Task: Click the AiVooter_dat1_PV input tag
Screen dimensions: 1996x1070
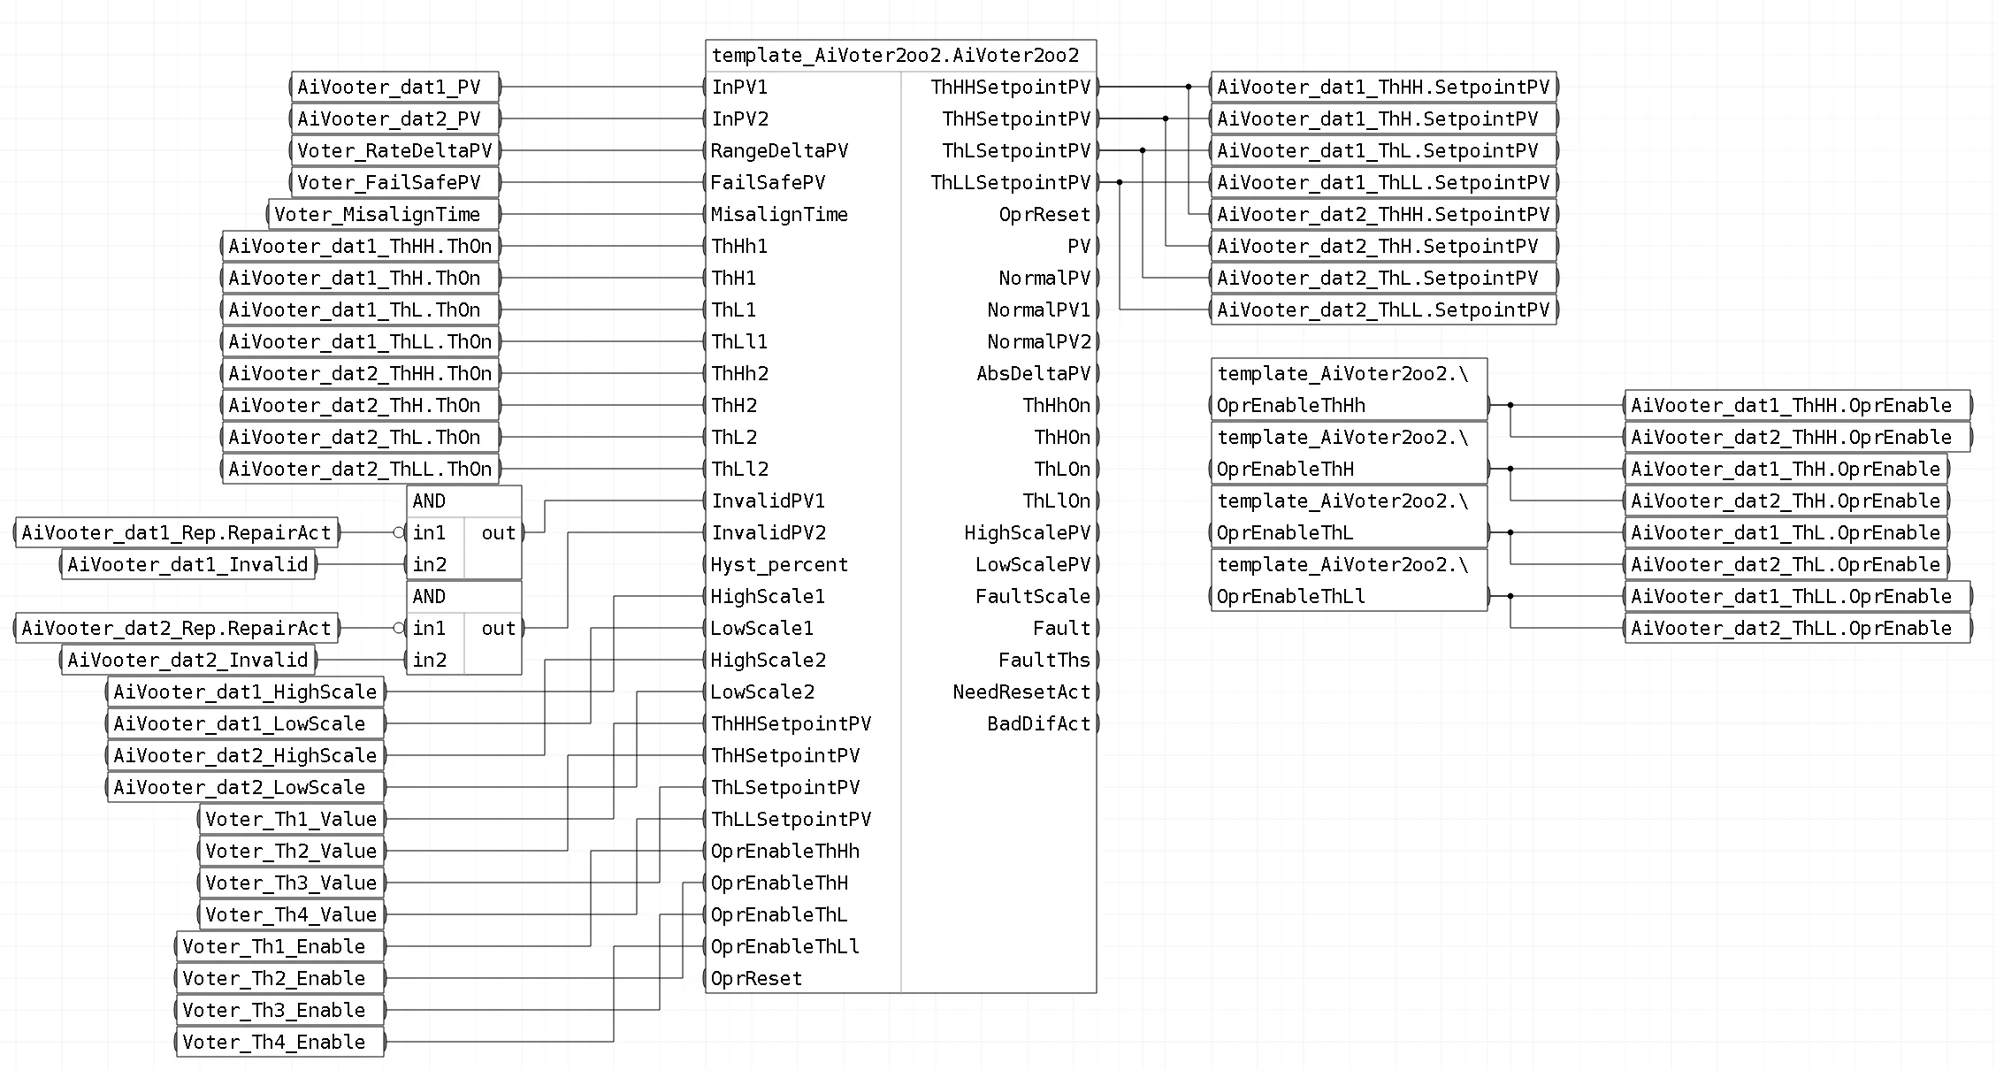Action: click(395, 87)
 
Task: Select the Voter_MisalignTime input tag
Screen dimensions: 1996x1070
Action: click(384, 214)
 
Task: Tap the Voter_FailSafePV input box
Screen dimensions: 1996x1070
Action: click(395, 182)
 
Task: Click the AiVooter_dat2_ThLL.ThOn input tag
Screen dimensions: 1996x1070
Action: click(361, 469)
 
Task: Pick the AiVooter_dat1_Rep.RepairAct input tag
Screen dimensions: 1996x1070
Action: click(177, 532)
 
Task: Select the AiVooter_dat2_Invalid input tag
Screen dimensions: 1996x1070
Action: click(188, 660)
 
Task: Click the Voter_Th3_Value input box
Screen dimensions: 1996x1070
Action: click(292, 883)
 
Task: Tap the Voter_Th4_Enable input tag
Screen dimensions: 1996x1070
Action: click(280, 1042)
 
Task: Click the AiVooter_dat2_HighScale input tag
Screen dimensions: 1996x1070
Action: click(246, 755)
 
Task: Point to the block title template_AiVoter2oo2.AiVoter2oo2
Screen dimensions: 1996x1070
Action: click(895, 56)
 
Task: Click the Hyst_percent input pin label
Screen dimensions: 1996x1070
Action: click(779, 564)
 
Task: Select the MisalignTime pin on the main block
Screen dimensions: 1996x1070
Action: click(779, 214)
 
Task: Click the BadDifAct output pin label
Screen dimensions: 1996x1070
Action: click(1039, 723)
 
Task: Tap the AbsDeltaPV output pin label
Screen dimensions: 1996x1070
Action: click(1034, 373)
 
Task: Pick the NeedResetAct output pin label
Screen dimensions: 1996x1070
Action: click(1021, 692)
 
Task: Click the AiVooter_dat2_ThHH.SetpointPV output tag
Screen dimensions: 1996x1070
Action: click(1384, 214)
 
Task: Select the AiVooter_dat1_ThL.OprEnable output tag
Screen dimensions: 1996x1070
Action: click(1786, 532)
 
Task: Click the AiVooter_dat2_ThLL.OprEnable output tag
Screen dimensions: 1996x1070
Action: click(1798, 628)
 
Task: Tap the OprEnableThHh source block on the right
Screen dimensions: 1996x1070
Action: click(1349, 389)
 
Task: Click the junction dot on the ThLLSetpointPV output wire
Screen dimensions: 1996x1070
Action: click(1120, 182)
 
